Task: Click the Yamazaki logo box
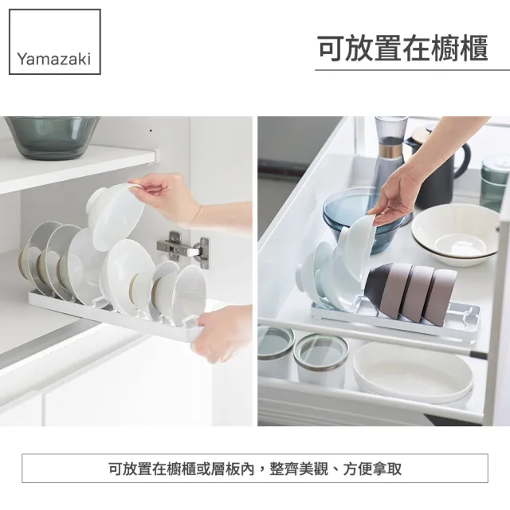point(55,41)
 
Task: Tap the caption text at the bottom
point(255,469)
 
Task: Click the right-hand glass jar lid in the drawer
point(321,350)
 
